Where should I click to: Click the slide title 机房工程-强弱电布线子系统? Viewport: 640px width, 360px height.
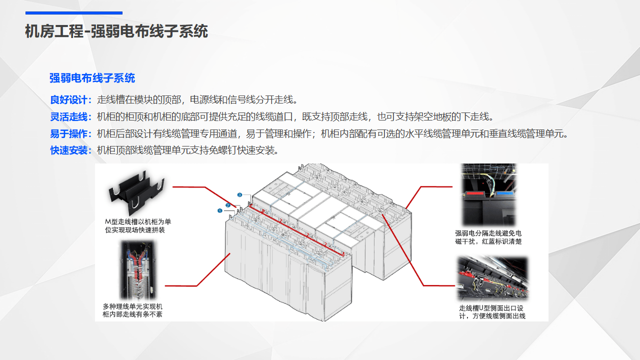click(x=116, y=31)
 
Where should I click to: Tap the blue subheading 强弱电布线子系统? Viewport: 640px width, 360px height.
click(x=92, y=78)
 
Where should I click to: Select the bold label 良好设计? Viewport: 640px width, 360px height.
click(x=69, y=99)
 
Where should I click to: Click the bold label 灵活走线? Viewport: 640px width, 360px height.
click(x=69, y=117)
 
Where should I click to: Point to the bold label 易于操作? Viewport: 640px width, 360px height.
click(x=69, y=133)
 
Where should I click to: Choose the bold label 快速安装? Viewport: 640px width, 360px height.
click(x=69, y=150)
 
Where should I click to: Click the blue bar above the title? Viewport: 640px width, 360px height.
click(x=74, y=13)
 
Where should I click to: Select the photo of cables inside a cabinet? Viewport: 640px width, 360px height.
click(x=137, y=270)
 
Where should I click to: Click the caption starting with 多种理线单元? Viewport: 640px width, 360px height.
click(x=132, y=310)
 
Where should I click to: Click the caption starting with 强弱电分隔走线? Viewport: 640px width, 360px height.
click(x=488, y=237)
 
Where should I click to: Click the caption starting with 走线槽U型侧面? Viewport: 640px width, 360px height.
click(x=492, y=312)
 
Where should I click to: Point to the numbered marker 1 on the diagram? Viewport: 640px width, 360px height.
click(x=219, y=210)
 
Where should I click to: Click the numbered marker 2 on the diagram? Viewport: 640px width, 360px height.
click(x=227, y=205)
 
